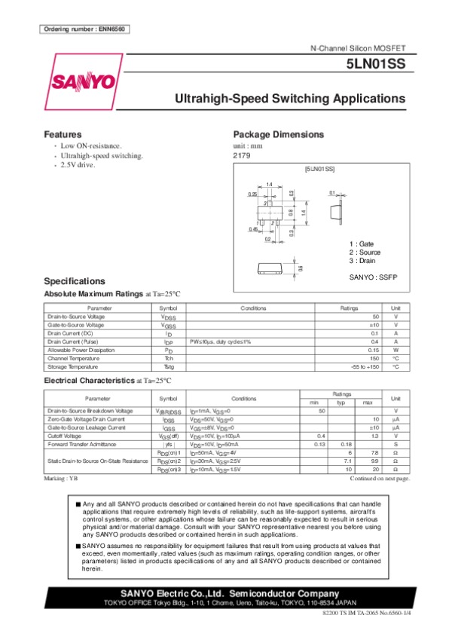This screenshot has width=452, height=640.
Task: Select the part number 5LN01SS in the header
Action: click(376, 66)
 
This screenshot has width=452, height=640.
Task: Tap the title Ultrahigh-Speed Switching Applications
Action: click(290, 99)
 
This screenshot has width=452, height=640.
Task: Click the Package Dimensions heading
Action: click(279, 134)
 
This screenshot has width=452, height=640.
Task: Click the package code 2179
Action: click(242, 155)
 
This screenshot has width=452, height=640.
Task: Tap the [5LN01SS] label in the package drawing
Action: click(319, 170)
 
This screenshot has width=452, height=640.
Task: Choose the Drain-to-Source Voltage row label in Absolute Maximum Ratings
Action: click(75, 317)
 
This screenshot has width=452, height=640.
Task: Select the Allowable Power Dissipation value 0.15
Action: click(372, 350)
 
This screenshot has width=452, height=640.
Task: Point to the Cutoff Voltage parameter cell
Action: click(64, 436)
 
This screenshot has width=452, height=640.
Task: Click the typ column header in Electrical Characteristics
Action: click(341, 403)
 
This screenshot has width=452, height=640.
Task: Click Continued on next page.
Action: click(380, 479)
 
